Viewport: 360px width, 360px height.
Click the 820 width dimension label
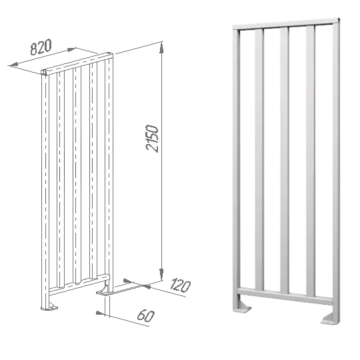[41, 47]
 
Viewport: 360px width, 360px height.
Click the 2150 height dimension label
[152, 139]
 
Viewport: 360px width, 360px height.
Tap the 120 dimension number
[181, 285]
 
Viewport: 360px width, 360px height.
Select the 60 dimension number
[146, 315]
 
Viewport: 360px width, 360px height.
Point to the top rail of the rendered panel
[286, 23]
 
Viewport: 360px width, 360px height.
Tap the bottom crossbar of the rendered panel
[285, 296]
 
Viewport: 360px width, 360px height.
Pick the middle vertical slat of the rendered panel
[285, 161]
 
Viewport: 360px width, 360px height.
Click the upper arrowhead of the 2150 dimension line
[161, 48]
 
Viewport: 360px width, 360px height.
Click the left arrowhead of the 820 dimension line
[14, 65]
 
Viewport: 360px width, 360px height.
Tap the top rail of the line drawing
[77, 63]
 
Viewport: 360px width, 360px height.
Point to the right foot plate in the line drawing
[104, 291]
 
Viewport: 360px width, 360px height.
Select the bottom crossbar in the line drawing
[79, 284]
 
